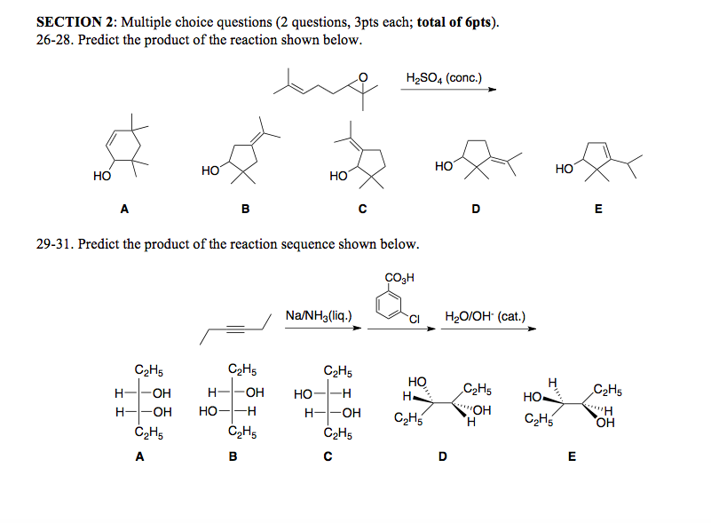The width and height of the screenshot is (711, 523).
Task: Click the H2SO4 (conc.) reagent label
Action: coord(443,77)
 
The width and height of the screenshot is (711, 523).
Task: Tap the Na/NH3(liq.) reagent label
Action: coord(320,315)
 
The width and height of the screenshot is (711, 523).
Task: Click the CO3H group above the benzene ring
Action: coord(397,278)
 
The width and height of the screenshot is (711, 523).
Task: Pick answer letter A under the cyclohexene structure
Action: coord(124,210)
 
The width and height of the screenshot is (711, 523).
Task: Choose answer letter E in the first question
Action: coord(598,210)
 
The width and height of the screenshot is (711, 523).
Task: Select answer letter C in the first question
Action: coord(363,210)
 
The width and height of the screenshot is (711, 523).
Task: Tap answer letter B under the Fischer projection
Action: coord(233,457)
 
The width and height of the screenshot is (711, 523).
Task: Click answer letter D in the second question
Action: coord(443,457)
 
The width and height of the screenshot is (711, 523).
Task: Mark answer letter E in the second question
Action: coord(572,457)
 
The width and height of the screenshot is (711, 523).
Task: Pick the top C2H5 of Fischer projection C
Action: coord(338,370)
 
